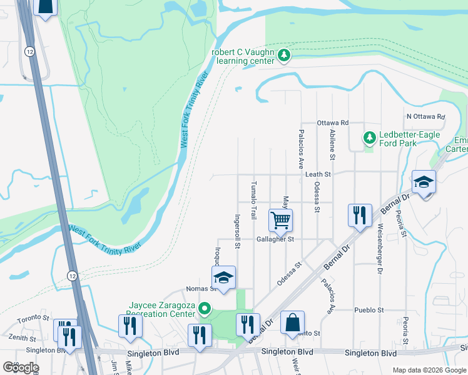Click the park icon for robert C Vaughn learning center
coord(284,56)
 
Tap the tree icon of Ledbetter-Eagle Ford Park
coord(369,137)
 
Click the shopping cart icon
coord(280,219)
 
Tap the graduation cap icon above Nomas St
coord(223,277)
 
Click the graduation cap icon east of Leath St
coord(424,181)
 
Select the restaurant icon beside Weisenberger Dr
coord(360,215)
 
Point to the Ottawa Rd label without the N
coord(332,122)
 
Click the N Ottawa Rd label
coord(425,116)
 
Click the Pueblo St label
coord(369,309)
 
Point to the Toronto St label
coord(33,318)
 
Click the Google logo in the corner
coord(21,367)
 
